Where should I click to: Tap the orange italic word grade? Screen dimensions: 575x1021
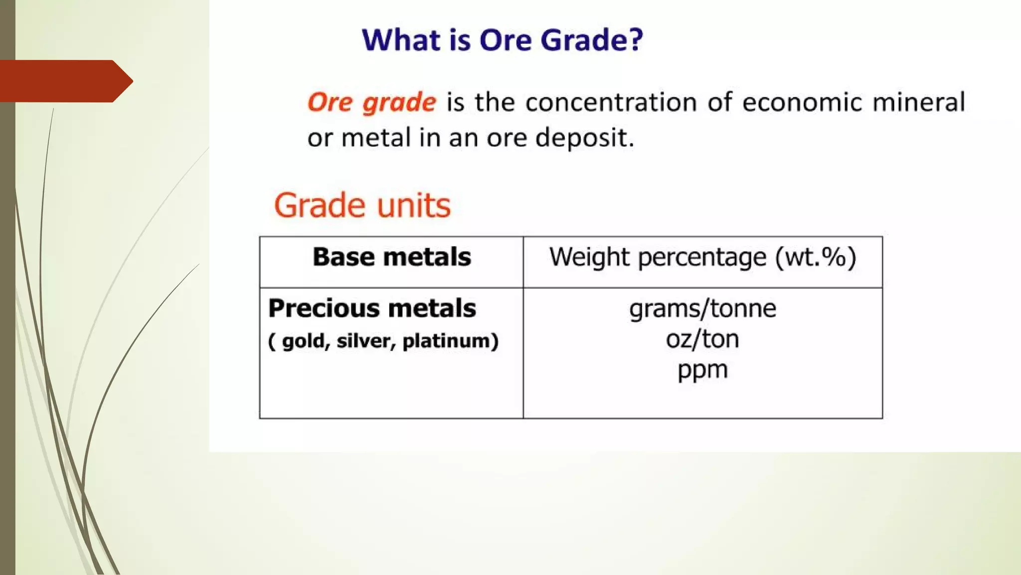(x=399, y=103)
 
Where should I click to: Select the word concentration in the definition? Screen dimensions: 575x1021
(x=611, y=102)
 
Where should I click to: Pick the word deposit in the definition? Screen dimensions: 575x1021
(x=583, y=138)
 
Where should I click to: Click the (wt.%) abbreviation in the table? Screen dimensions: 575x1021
(x=816, y=258)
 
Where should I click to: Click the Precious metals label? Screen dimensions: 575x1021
(x=372, y=308)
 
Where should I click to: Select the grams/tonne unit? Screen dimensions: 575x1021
(x=702, y=308)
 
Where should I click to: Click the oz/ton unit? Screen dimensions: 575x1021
(x=702, y=339)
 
